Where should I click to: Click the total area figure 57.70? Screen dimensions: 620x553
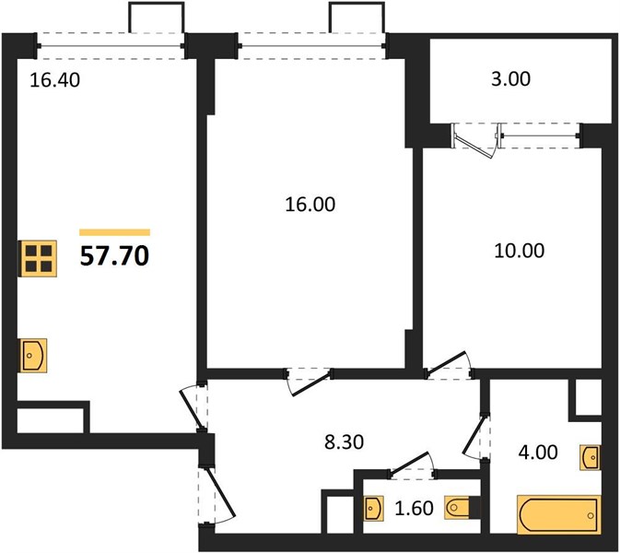[114, 256]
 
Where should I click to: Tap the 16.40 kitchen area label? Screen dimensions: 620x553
[55, 80]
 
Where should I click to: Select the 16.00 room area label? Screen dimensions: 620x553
[310, 205]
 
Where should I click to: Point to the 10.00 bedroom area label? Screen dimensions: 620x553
[520, 251]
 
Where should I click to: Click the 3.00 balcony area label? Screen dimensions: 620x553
[511, 79]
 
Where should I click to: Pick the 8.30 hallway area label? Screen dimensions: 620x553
[344, 442]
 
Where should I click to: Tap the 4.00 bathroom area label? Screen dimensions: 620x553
[538, 453]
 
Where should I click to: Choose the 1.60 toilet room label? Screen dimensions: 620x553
[414, 508]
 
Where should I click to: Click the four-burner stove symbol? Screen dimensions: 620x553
[39, 258]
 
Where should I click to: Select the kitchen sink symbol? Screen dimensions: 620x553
[33, 355]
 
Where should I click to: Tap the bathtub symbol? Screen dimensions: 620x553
[559, 514]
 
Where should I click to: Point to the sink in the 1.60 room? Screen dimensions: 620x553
[374, 508]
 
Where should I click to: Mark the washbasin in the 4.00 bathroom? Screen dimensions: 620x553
[591, 458]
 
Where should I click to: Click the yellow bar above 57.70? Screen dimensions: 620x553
[114, 232]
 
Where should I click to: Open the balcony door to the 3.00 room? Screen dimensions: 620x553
[475, 141]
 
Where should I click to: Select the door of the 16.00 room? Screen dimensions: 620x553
[310, 382]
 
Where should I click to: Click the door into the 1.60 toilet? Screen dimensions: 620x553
[412, 464]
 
